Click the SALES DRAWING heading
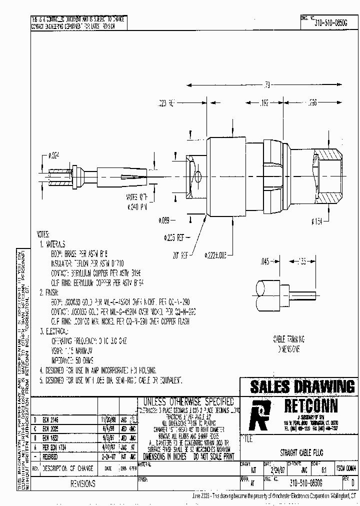pos(302,386)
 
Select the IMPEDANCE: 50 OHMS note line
pos(72,360)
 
